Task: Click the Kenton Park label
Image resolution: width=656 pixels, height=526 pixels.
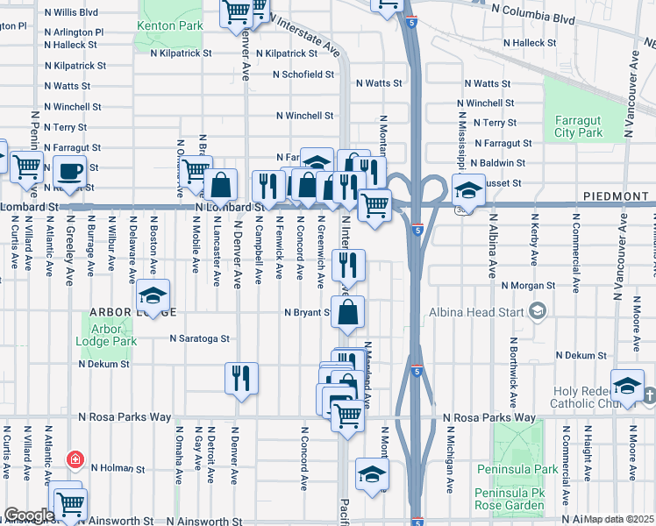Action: (x=170, y=25)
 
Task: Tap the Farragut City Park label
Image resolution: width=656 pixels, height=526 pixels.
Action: (x=578, y=126)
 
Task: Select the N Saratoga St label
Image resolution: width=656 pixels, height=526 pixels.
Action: (x=199, y=338)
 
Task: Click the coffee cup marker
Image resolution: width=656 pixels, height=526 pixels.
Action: (x=70, y=171)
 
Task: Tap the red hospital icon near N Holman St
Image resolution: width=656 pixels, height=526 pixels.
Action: (x=76, y=459)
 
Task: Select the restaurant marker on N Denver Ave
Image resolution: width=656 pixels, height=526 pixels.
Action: (x=241, y=377)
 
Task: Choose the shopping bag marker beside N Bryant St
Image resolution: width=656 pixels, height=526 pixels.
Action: (x=348, y=311)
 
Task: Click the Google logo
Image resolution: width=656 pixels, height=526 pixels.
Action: (x=29, y=515)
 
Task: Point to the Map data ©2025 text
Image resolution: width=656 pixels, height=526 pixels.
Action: (x=619, y=519)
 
